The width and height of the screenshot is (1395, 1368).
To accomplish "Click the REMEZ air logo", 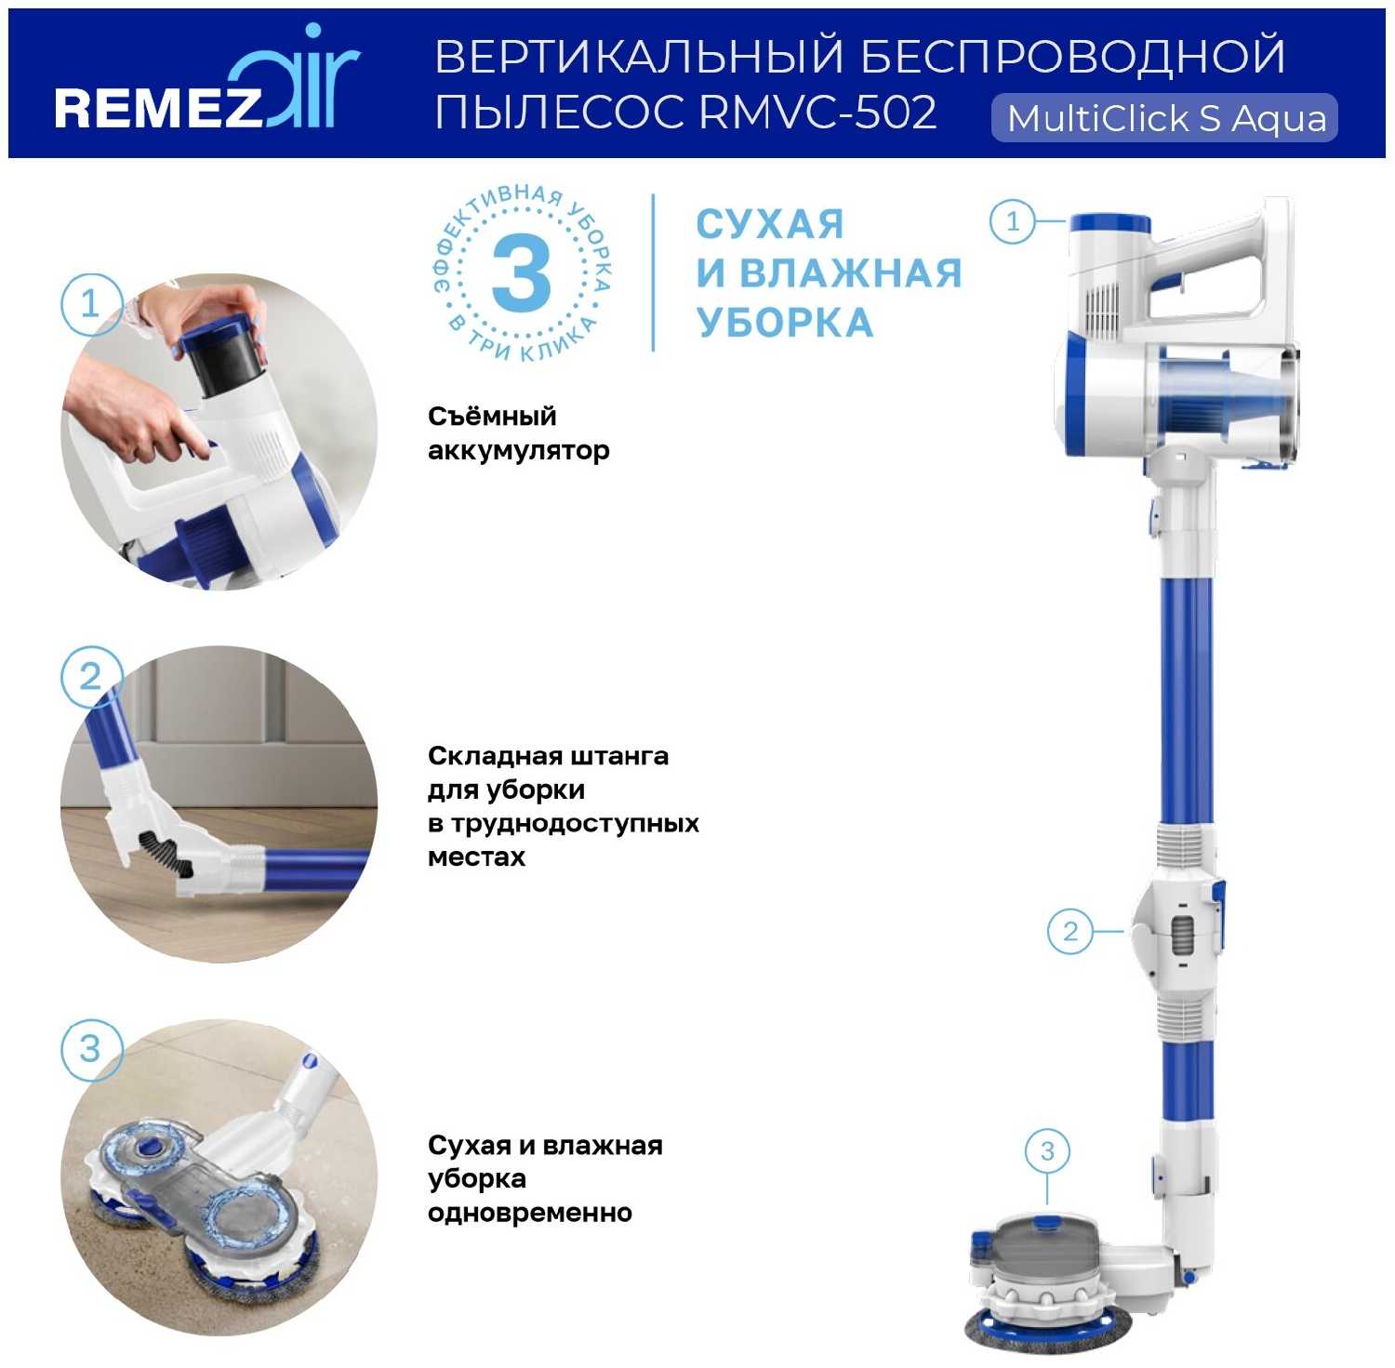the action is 206,84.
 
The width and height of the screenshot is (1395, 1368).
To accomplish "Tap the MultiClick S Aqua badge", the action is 1164,118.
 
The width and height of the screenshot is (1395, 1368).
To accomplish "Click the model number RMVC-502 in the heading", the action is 817,113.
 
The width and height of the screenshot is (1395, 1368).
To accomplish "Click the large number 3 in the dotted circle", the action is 522,272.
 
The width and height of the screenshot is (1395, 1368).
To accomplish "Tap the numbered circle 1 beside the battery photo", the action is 90,303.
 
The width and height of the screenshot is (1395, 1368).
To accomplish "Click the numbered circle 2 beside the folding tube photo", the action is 90,676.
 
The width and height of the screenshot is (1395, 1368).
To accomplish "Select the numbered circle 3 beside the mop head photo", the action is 90,1049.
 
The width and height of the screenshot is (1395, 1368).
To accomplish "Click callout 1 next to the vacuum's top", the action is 1013,221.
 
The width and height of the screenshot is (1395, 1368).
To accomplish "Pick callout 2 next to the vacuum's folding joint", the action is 1070,931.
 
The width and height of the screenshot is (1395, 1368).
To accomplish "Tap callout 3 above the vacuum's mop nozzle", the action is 1047,1151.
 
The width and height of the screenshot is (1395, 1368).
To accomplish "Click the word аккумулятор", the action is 519,451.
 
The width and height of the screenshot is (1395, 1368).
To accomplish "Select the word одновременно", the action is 530,1213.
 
